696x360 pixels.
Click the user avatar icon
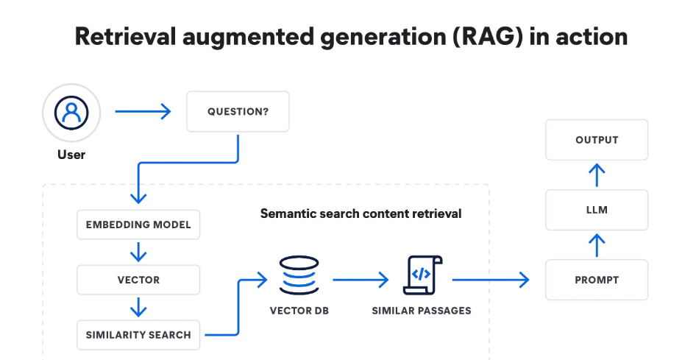click(x=71, y=113)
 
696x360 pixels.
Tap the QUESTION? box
click(x=238, y=111)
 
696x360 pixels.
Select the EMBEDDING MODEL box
click(x=138, y=225)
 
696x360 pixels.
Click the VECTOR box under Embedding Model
click(x=138, y=280)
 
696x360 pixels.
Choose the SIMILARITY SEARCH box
click(x=138, y=335)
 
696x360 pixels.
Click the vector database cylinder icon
click(x=299, y=275)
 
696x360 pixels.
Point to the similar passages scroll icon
click(x=422, y=275)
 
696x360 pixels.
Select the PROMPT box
click(x=597, y=280)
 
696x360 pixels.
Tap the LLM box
click(x=597, y=210)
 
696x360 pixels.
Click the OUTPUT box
click(x=597, y=140)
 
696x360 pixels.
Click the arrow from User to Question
click(x=143, y=111)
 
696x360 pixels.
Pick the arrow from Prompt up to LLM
click(x=597, y=246)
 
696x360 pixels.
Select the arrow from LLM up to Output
click(x=597, y=175)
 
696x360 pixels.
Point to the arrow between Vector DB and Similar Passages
click(x=361, y=280)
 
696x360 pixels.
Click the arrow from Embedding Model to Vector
click(x=138, y=252)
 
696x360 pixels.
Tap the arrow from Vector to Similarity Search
click(x=138, y=307)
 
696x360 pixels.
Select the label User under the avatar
click(x=71, y=155)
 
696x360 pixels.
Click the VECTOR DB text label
click(x=299, y=311)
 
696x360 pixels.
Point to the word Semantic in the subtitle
click(x=283, y=213)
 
